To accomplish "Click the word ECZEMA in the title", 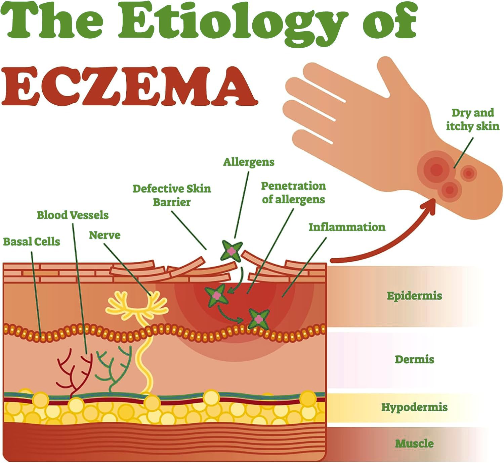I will tap(129, 86).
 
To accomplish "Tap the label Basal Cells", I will tap(32, 242).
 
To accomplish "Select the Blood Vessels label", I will tap(73, 215).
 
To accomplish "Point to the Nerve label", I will tap(104, 235).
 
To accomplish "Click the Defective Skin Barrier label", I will tap(172, 195).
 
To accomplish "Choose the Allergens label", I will tap(249, 162).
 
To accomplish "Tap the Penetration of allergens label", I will tap(293, 193).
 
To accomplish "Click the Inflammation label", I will tap(347, 227).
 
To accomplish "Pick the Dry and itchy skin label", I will tap(472, 119).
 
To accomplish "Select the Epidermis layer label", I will tap(414, 296).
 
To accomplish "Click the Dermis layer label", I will tap(414, 359).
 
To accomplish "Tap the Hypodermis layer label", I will tap(414, 407).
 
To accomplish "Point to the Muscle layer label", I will tap(414, 443).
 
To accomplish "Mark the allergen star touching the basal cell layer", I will tap(258, 319).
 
